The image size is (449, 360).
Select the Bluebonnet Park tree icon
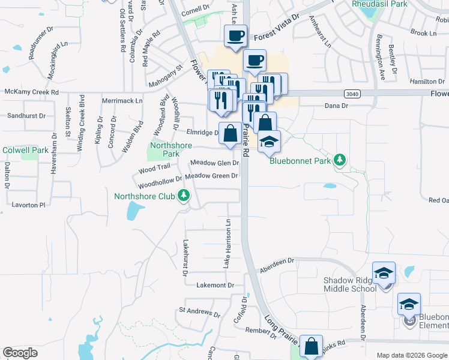[x=340, y=160]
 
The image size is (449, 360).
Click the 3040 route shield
[x=352, y=94]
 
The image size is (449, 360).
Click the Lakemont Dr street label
[x=214, y=286]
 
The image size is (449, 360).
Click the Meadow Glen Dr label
[x=214, y=163]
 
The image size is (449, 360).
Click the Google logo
[x=20, y=353]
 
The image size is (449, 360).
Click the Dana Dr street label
[x=336, y=106]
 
